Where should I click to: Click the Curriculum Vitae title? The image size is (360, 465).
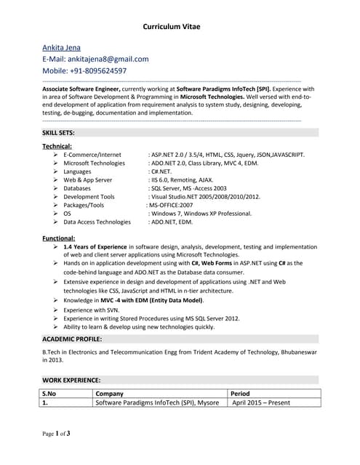[171, 27]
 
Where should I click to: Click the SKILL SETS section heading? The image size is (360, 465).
[58, 132]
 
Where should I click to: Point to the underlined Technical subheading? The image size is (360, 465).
[57, 146]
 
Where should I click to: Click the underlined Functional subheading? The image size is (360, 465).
[58, 238]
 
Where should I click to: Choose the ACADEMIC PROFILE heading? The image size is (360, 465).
[72, 339]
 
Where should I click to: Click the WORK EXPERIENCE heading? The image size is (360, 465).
[71, 380]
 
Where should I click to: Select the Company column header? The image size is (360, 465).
[110, 393]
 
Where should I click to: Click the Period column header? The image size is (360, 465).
[240, 393]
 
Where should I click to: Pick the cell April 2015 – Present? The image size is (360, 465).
[260, 403]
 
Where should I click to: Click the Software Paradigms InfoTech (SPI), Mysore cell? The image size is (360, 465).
[156, 403]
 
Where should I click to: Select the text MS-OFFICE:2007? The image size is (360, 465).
[172, 205]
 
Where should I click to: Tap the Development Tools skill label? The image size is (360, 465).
[89, 196]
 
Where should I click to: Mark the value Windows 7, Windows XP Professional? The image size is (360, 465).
[202, 214]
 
